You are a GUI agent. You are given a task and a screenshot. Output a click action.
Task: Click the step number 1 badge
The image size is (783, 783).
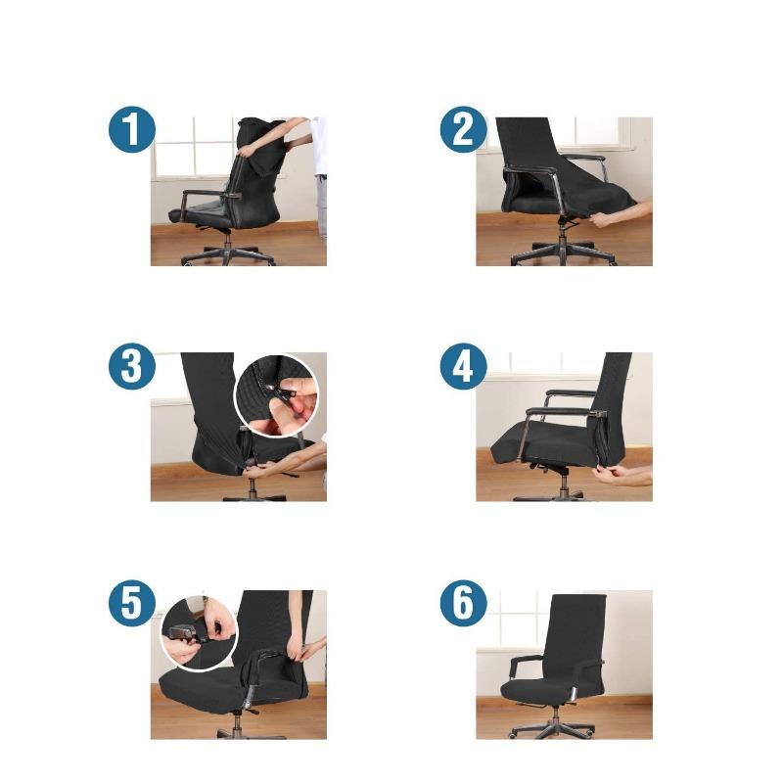(x=131, y=130)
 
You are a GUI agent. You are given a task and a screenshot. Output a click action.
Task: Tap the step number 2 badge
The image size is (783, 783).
(x=463, y=130)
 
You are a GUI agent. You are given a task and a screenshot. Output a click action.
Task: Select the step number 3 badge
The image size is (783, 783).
(x=131, y=368)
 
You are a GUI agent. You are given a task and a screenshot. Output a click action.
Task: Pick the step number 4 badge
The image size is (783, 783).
(x=463, y=368)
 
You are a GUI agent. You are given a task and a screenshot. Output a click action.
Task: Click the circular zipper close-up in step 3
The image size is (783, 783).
(x=277, y=395)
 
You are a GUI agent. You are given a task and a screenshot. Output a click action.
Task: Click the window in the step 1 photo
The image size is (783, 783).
(x=191, y=147)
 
